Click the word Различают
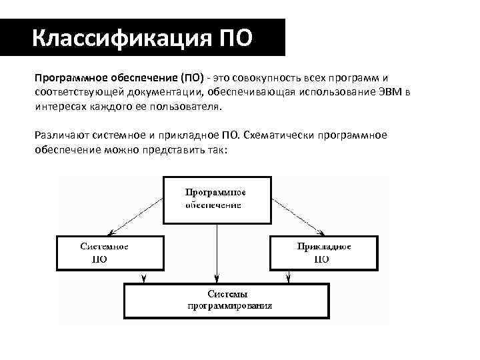tap(59, 136)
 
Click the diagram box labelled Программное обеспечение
tap(217, 199)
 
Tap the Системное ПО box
tap(110, 252)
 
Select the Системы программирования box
tap(227, 300)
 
